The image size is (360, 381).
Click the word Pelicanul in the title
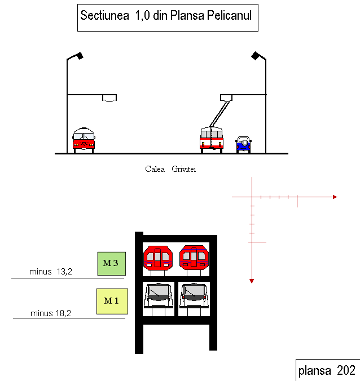point(230,15)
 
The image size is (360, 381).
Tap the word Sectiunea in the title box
point(104,15)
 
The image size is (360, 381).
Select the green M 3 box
point(112,264)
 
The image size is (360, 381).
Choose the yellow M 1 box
point(112,302)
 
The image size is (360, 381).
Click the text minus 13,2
point(51,272)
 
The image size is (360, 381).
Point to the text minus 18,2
point(51,313)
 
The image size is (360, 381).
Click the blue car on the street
point(243,144)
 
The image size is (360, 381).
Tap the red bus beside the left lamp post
point(84,140)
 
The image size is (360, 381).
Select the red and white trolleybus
point(212,140)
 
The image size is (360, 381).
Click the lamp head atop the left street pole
point(80,56)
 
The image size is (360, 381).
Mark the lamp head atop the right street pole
point(255,56)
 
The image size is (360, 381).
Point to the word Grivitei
point(183,169)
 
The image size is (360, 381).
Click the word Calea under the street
point(155,169)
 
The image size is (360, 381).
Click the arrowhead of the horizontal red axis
point(335,197)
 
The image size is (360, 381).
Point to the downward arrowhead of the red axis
point(252,281)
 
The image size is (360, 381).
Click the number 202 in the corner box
point(346,370)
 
